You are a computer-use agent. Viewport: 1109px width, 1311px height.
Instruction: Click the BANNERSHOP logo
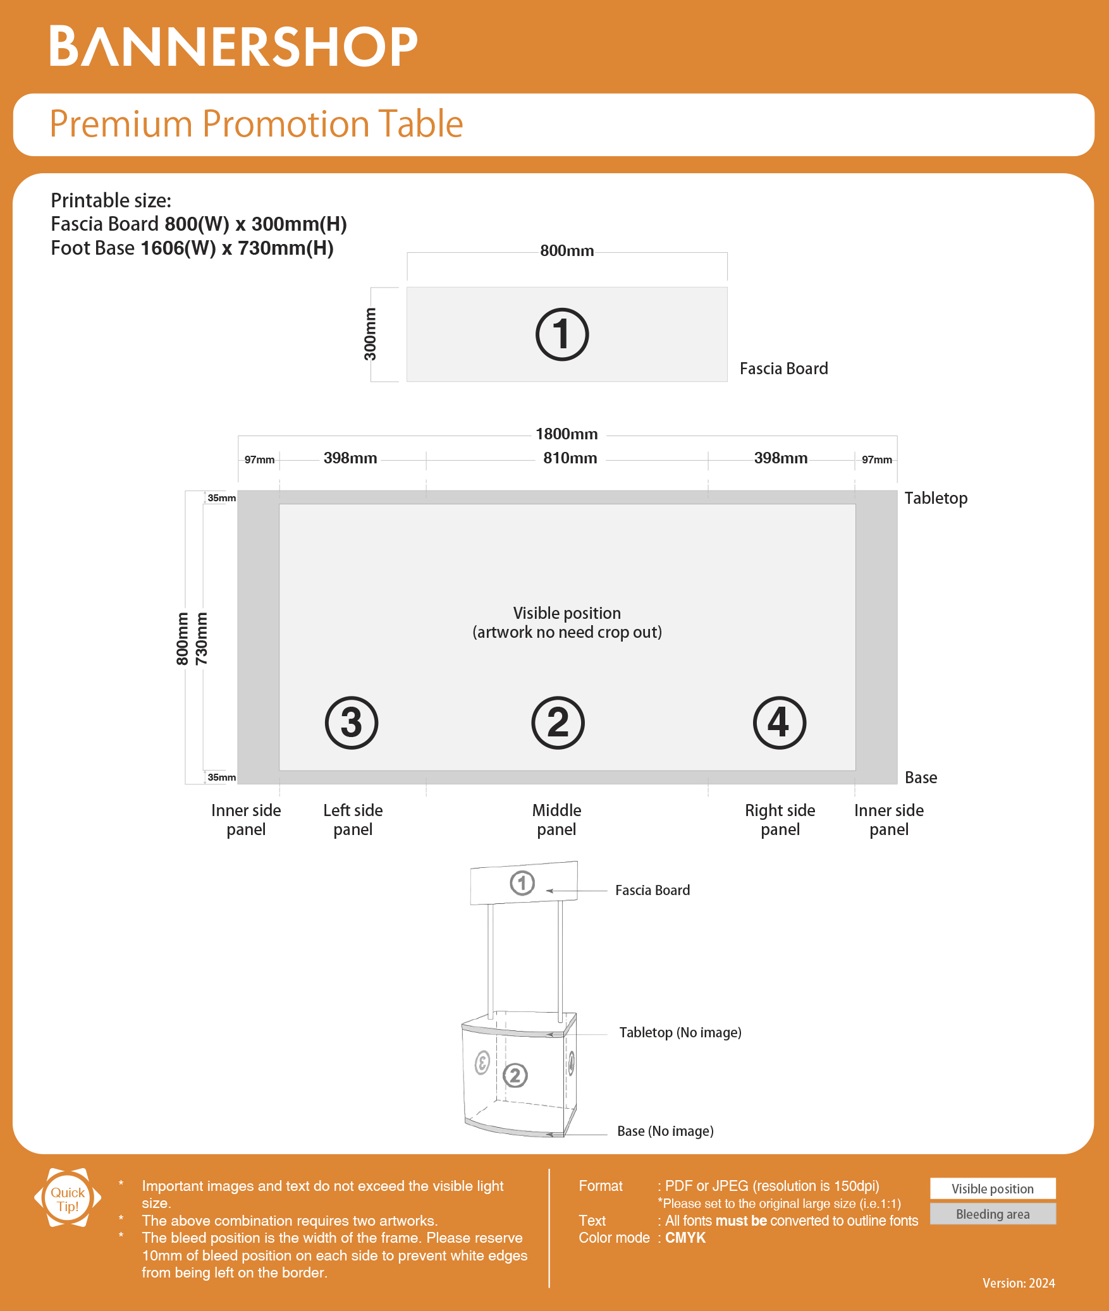click(233, 46)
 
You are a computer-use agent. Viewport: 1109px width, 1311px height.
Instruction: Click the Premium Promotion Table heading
click(256, 124)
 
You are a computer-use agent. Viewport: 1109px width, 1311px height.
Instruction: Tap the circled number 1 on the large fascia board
click(561, 334)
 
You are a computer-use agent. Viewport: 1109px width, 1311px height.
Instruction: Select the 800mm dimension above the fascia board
click(567, 251)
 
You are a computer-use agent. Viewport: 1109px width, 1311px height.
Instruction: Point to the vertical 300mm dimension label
click(370, 334)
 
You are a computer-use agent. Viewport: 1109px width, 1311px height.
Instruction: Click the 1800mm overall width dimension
click(567, 434)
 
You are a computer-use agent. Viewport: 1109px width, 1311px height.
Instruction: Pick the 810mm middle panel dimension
click(570, 458)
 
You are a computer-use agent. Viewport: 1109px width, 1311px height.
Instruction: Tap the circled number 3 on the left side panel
click(352, 723)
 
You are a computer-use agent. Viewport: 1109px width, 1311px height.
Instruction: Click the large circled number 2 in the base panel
click(558, 723)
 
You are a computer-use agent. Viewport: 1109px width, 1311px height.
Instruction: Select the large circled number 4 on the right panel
click(779, 723)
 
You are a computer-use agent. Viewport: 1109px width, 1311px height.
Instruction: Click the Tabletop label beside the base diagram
click(936, 498)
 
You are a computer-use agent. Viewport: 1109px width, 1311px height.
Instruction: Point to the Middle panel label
click(556, 820)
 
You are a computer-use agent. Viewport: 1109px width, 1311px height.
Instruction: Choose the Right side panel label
click(780, 820)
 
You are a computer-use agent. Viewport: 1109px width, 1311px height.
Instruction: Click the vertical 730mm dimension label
click(202, 638)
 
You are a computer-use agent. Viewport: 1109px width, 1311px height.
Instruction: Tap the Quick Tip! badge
click(68, 1198)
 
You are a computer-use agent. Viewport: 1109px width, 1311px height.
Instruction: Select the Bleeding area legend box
click(993, 1214)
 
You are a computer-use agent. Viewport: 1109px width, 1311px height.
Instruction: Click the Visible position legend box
click(993, 1189)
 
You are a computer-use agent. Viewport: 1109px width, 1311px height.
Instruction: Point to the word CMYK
click(685, 1238)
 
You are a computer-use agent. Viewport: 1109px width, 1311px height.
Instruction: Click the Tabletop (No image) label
click(680, 1032)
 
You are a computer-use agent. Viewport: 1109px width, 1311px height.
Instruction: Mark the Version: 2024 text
click(1019, 1283)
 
